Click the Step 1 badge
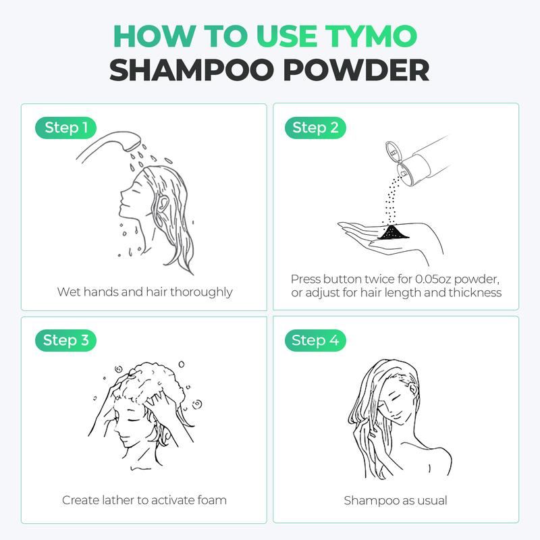[65, 128]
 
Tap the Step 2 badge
[315, 128]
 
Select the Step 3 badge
[65, 340]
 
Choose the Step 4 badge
[315, 340]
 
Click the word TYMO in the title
[371, 36]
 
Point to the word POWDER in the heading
[356, 70]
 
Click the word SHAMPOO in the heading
[191, 70]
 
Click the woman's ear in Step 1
[161, 203]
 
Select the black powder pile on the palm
[393, 232]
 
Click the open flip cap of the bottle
[393, 151]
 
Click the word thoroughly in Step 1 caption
[201, 292]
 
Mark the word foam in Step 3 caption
[212, 500]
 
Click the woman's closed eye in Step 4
[396, 400]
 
